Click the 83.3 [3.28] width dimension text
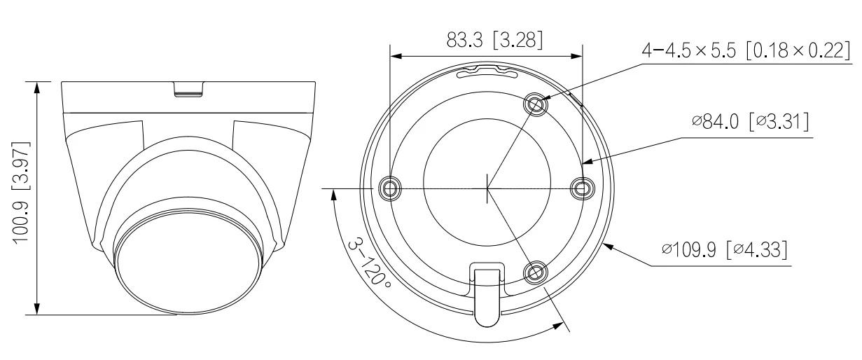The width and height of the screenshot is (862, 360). (494, 40)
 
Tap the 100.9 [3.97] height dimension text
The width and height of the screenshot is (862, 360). (21, 193)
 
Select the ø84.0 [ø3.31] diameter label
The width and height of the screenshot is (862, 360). (751, 122)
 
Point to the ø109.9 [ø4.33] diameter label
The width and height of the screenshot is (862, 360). (725, 249)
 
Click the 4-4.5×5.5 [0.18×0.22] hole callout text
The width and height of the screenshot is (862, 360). (746, 50)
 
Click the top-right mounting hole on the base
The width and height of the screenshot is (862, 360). (535, 104)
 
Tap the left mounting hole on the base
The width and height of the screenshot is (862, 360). (390, 188)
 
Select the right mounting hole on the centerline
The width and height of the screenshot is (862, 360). (582, 188)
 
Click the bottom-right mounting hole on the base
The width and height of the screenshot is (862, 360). (535, 272)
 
